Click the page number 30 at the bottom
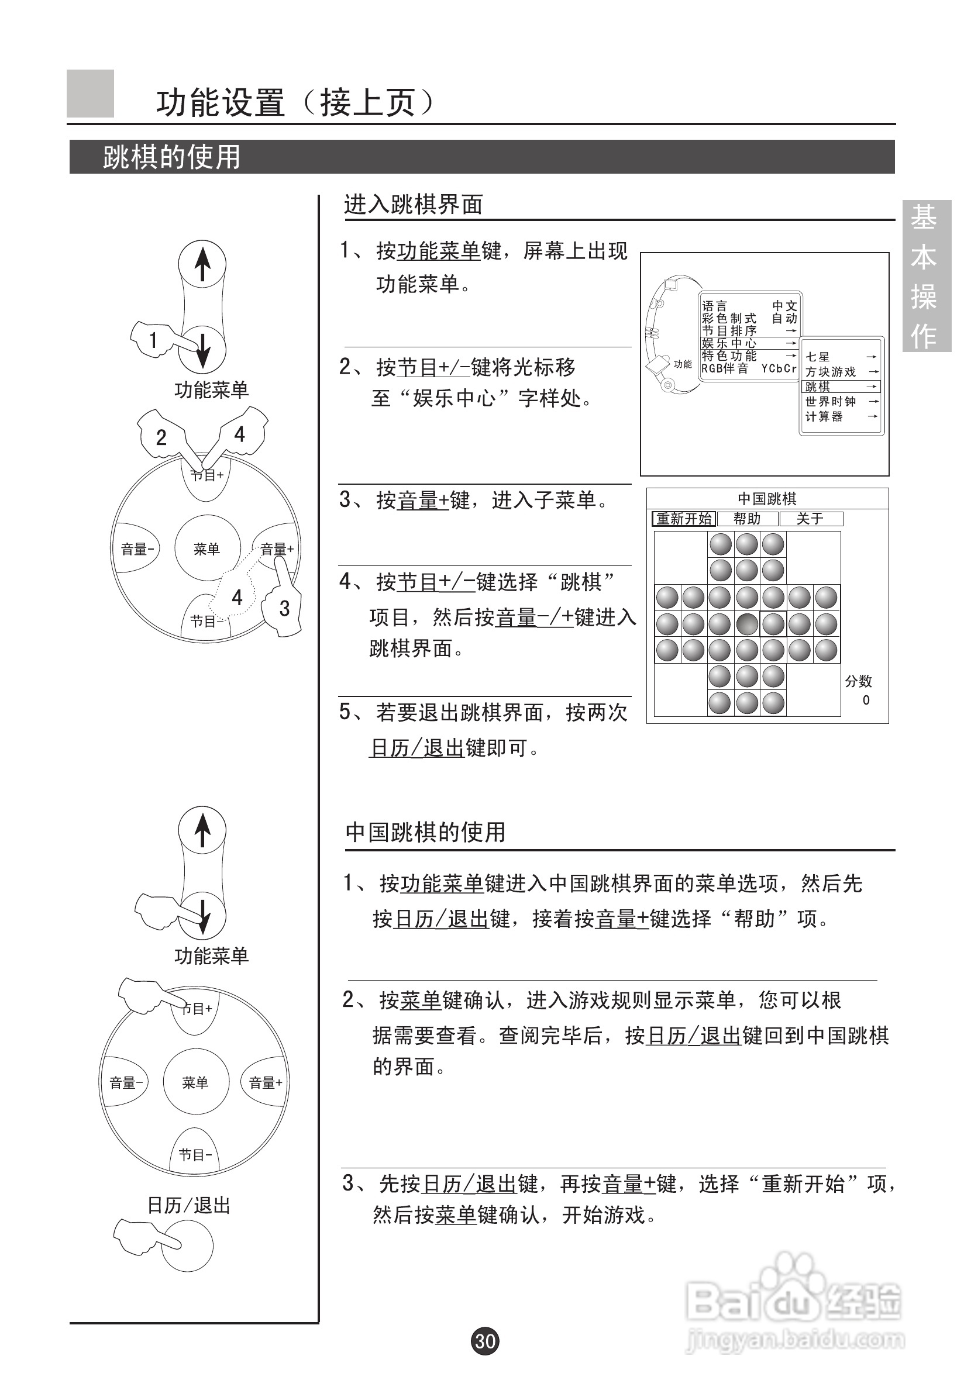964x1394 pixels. [x=485, y=1341]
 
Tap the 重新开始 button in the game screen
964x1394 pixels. [x=684, y=519]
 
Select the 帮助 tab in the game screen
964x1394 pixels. [x=747, y=519]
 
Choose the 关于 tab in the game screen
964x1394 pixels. [x=810, y=519]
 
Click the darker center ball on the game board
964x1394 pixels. [x=747, y=624]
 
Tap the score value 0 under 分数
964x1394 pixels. [x=866, y=701]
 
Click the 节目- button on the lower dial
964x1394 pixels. [x=194, y=1155]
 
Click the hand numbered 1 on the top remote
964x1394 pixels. [x=154, y=340]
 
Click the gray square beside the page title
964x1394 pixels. [x=90, y=94]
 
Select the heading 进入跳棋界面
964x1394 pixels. [x=413, y=205]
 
